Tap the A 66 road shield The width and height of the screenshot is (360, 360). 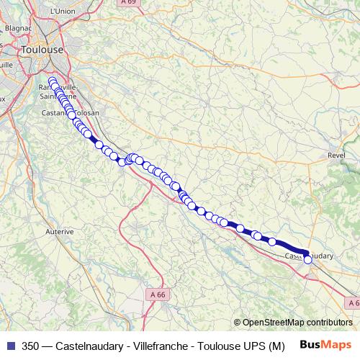coord(158,294)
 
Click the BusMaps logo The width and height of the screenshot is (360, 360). coord(325,346)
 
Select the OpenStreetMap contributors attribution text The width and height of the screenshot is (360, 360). coord(297,323)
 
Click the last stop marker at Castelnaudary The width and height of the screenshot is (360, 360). coord(308,260)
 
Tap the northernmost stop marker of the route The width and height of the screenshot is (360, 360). coord(52,81)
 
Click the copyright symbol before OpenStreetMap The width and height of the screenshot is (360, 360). coord(238,323)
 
